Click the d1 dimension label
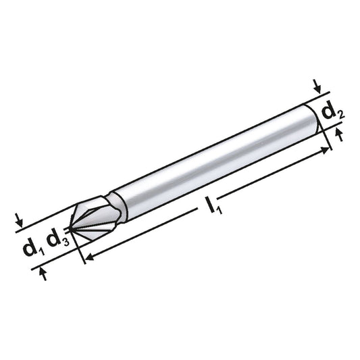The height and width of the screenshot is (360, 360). coord(31,248)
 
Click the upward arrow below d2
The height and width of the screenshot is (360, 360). coord(339,136)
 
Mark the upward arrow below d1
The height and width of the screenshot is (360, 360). coord(43,273)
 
